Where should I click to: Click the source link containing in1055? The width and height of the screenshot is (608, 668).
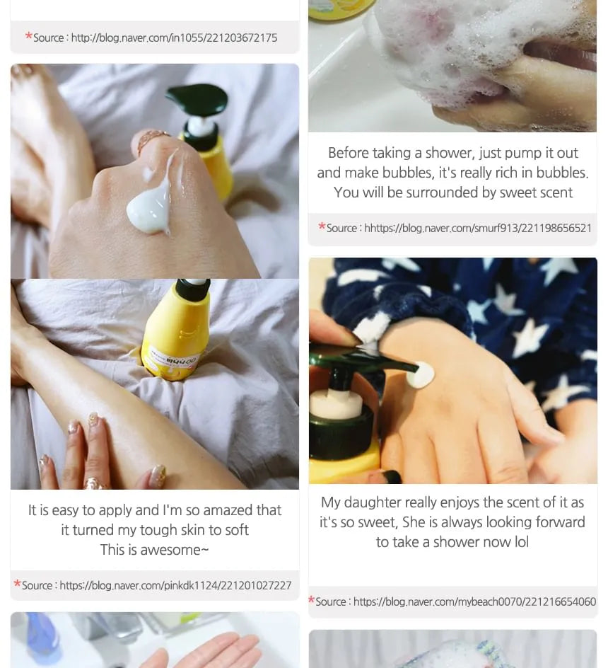[174, 38]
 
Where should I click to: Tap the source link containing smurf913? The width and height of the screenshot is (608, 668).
[478, 229]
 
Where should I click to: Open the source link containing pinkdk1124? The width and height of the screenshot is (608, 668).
[175, 585]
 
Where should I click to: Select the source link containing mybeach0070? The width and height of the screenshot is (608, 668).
[474, 601]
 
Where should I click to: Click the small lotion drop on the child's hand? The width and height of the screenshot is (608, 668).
[420, 375]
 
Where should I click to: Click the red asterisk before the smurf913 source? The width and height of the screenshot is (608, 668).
[322, 226]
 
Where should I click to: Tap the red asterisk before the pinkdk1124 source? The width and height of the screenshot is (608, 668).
[18, 584]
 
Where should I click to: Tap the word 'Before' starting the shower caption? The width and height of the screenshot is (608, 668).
[349, 153]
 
